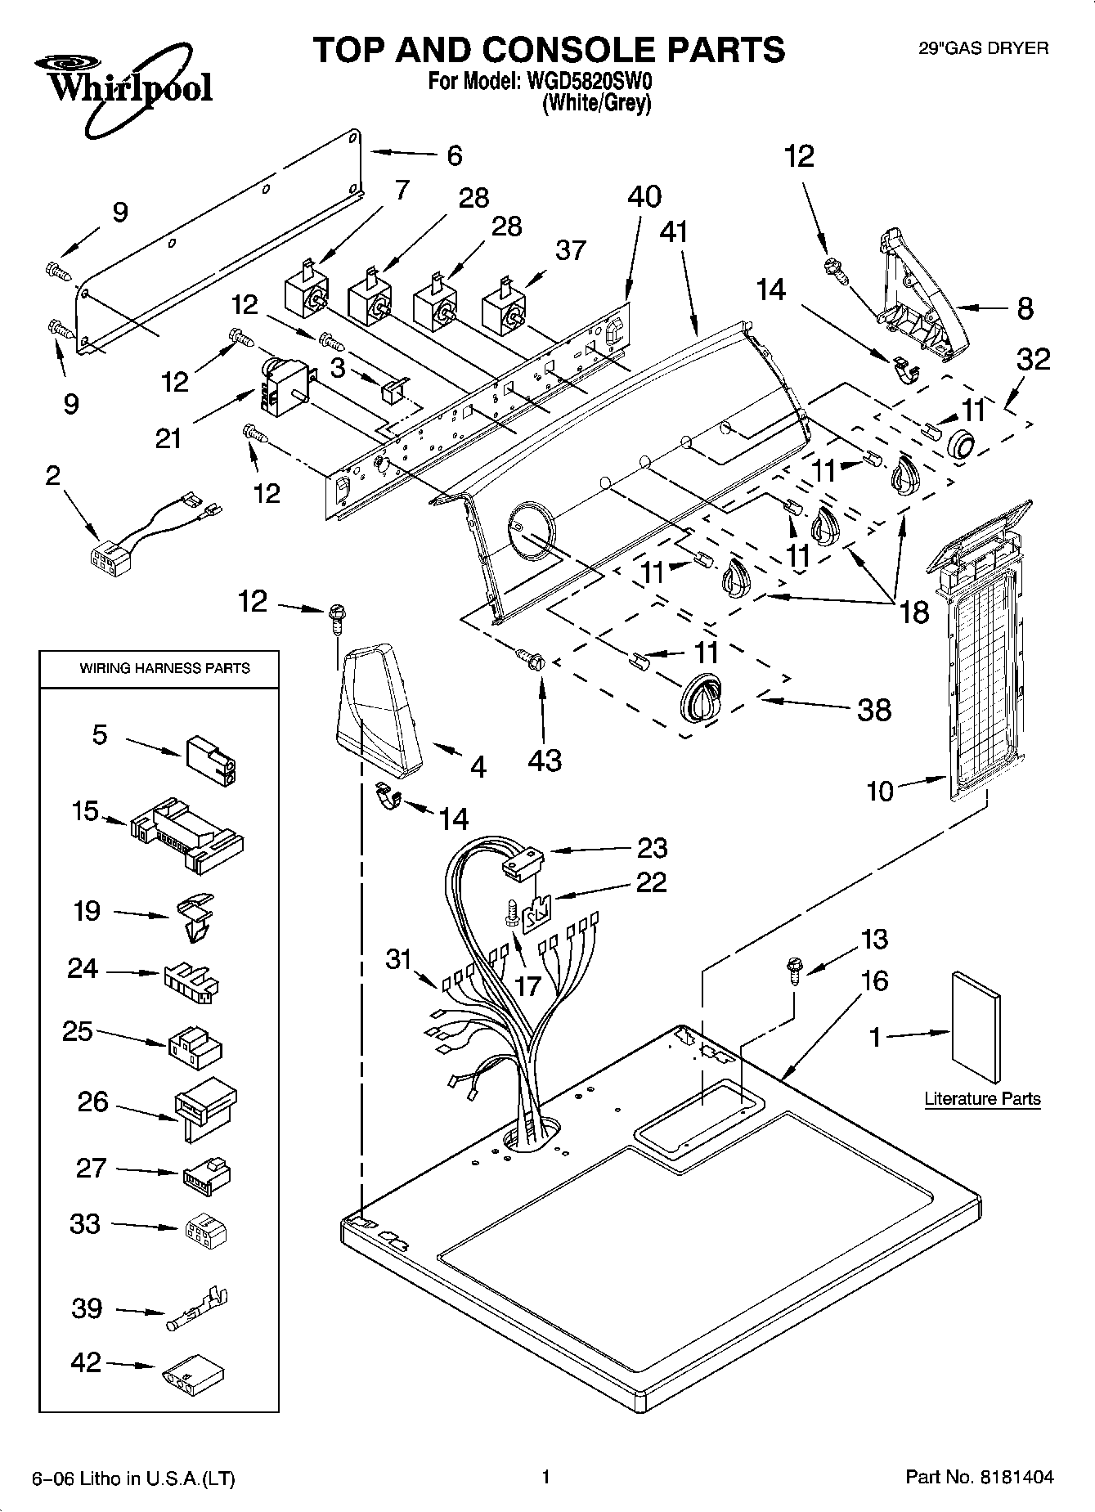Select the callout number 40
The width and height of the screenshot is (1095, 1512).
pyautogui.click(x=644, y=197)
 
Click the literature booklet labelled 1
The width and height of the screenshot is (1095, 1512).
pyautogui.click(x=976, y=1027)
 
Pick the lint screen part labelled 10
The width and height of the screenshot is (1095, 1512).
pyautogui.click(x=977, y=650)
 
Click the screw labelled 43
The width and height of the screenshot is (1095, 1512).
pyautogui.click(x=529, y=657)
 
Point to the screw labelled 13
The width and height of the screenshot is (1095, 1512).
pyautogui.click(x=792, y=969)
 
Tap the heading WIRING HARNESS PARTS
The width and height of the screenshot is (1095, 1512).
pyautogui.click(x=164, y=668)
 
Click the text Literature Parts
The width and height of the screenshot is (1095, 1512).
pyautogui.click(x=982, y=1098)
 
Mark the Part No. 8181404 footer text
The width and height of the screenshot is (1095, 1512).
pyautogui.click(x=980, y=1477)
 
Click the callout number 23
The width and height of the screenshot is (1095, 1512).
pyautogui.click(x=653, y=847)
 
